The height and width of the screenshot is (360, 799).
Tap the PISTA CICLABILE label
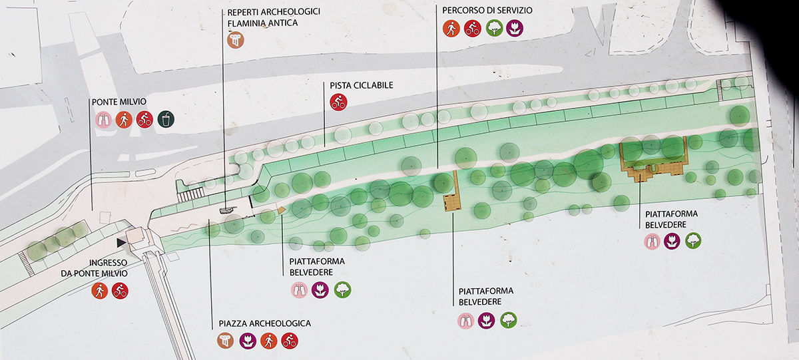coord(362,86)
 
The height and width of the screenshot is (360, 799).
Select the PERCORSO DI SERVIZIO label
coord(478,11)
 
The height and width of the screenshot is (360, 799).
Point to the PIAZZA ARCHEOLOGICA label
coord(264,323)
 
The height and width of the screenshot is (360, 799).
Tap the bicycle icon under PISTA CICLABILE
coord(339,102)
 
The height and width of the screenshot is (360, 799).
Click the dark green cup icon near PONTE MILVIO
coord(165,119)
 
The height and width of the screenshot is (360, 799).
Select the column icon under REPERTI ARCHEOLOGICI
coord(235,40)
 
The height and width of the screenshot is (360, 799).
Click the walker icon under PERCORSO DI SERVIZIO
coord(451,28)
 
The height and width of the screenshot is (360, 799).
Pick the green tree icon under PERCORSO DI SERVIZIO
coord(493,28)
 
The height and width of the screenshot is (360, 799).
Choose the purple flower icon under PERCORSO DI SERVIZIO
coord(514,28)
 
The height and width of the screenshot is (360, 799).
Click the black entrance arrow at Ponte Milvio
coord(121,243)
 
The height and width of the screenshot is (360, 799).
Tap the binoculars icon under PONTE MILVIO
coord(102,119)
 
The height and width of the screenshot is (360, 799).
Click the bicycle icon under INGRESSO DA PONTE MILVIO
coord(120,291)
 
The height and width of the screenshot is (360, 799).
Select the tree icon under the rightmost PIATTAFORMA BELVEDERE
coord(693,241)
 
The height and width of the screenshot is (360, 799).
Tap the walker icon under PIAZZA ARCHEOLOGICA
coord(268,341)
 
